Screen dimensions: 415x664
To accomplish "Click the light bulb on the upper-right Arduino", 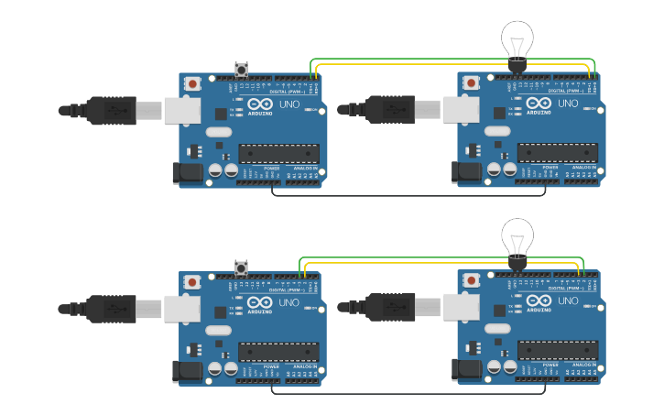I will click(x=517, y=40).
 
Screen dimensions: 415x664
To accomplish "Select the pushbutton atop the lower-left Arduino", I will click(x=242, y=268).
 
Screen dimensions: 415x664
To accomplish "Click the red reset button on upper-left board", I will click(x=192, y=82).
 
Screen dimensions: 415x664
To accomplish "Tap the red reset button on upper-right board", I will click(x=471, y=82).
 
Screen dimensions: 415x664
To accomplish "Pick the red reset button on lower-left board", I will click(x=192, y=280).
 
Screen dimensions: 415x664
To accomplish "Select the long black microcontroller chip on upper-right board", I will click(x=558, y=153).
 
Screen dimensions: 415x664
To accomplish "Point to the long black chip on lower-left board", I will click(x=279, y=351).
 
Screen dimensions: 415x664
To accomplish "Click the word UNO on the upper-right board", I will click(x=567, y=104).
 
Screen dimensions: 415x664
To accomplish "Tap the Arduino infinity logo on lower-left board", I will click(x=259, y=301).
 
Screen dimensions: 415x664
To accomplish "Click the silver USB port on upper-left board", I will click(x=181, y=111).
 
